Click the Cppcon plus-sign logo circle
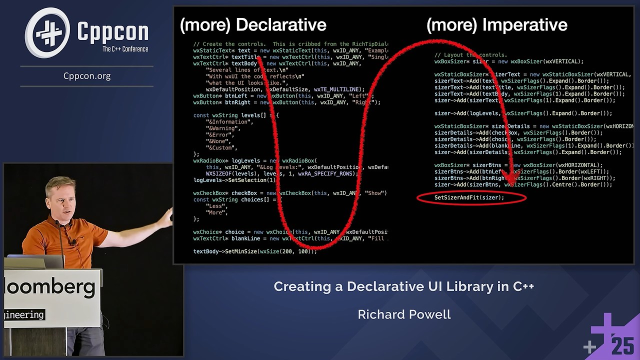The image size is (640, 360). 47,32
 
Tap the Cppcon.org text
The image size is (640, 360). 87,76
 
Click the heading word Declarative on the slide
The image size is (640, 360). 281,25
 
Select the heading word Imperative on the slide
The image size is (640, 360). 520,25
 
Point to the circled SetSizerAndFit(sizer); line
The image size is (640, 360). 469,198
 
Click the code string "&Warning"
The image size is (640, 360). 223,128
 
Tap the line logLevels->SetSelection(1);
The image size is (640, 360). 234,180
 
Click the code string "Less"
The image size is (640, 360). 215,206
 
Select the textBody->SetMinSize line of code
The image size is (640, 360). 255,251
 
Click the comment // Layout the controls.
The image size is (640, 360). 470,55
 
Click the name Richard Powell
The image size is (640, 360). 404,314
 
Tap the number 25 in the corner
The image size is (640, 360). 622,346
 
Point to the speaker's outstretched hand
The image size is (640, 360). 167,215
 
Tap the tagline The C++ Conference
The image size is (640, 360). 125,49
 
